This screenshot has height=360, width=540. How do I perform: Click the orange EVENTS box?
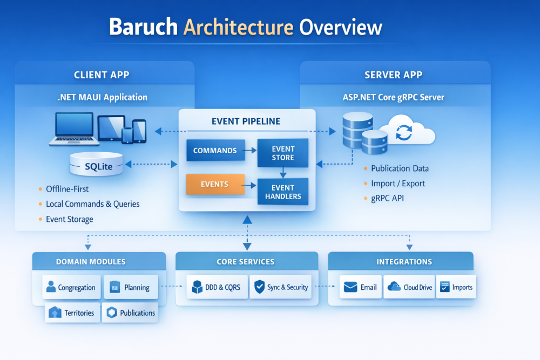pos(215,184)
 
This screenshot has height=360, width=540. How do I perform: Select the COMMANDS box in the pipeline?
pos(214,151)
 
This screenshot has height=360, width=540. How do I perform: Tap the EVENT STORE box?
pos(283,153)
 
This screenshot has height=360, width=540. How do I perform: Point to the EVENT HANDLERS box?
pos(283,192)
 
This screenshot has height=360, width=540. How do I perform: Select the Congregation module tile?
pos(71,287)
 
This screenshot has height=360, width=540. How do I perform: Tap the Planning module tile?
pos(130,287)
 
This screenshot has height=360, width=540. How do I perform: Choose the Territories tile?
pos(72,313)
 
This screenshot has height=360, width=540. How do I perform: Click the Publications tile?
pos(131,313)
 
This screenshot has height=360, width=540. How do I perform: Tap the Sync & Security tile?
pos(281,287)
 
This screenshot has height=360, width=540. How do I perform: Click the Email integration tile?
pos(361,287)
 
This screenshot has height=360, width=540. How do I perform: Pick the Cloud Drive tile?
pos(410,287)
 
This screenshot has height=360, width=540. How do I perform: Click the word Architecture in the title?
pos(239,27)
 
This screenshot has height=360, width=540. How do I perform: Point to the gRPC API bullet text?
pos(387,198)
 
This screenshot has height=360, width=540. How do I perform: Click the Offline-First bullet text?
pos(67,189)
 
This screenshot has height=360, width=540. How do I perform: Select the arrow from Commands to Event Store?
pos(248,151)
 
